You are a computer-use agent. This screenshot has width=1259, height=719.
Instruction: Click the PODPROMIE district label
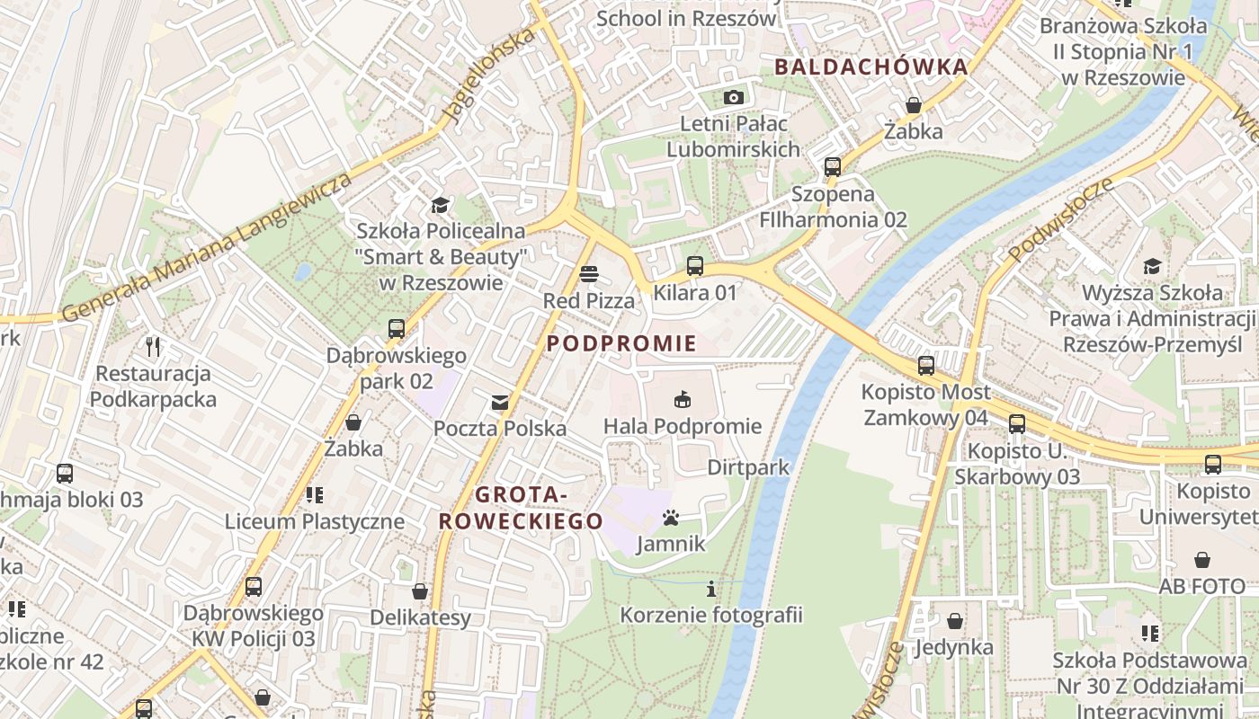tap(621, 343)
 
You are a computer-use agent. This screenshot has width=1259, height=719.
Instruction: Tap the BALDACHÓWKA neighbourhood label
tap(871, 67)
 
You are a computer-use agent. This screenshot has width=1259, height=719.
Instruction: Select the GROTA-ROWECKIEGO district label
tap(521, 508)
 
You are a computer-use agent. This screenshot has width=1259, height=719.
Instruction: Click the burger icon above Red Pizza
tap(589, 273)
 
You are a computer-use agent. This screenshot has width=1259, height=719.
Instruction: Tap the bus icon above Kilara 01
tap(694, 265)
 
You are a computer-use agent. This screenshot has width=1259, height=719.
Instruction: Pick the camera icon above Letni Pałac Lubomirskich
tap(734, 97)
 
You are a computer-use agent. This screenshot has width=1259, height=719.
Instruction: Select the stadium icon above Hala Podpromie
tap(682, 399)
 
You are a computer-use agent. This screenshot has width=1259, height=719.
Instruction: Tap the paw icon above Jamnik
tap(671, 518)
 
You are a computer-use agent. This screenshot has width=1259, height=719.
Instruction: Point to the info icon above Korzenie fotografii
tap(711, 589)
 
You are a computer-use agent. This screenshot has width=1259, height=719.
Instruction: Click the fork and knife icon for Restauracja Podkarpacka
tap(153, 346)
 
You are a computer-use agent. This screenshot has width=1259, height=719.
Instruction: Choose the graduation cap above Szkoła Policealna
tap(440, 205)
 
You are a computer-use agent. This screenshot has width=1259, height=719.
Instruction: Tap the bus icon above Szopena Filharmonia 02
tap(832, 166)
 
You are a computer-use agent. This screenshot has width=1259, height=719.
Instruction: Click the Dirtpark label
tap(748, 467)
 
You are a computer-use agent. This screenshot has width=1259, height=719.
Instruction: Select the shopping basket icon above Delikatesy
tap(419, 591)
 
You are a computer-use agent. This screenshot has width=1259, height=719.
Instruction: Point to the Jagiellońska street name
tap(490, 75)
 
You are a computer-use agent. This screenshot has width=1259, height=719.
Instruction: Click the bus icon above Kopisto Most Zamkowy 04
tap(925, 365)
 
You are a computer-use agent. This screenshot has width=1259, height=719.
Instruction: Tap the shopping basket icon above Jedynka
tap(954, 621)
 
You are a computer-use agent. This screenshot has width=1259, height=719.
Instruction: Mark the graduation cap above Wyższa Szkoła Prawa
tap(1152, 266)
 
